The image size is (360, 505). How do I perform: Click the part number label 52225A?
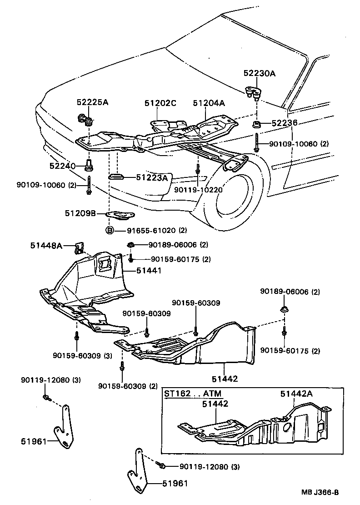92,102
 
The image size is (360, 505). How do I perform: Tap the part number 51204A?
209,103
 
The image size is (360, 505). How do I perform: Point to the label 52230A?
259,73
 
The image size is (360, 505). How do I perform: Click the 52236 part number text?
285,123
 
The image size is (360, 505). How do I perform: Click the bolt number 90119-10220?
200,190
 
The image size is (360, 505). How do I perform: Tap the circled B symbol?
110,230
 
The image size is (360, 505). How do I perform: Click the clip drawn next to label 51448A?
79,248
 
